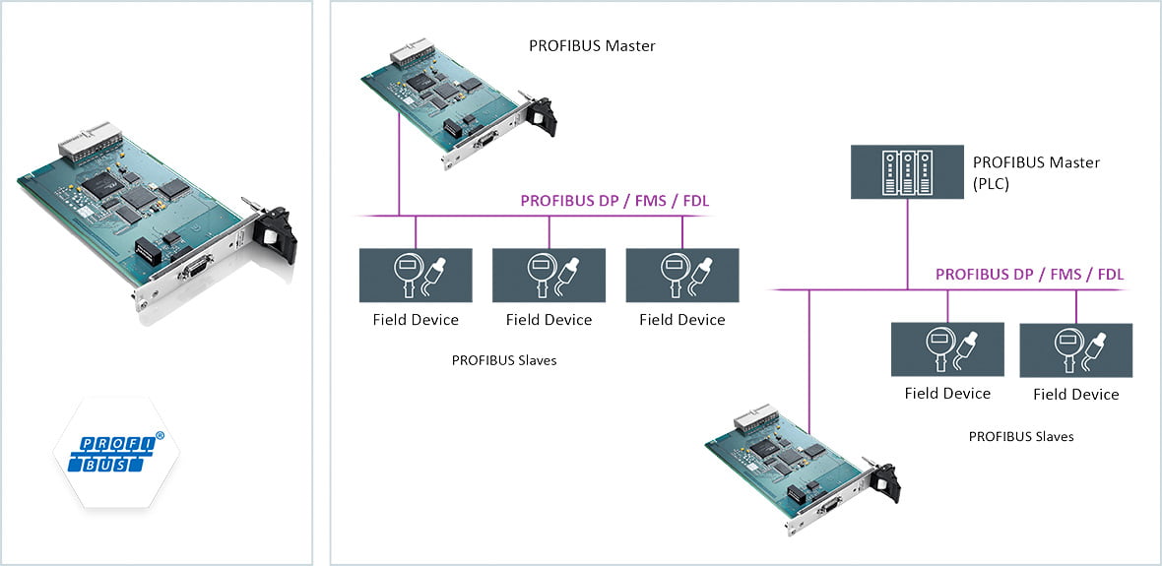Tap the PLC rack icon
(x=907, y=173)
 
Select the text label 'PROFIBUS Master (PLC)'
(x=1036, y=171)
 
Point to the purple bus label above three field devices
(x=614, y=201)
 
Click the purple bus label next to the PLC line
(x=1029, y=275)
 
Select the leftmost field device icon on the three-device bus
(x=416, y=275)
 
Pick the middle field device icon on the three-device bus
(x=549, y=275)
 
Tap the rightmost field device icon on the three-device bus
(x=682, y=275)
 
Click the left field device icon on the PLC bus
(x=947, y=348)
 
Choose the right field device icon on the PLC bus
(x=1075, y=349)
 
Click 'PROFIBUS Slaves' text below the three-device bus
(x=504, y=360)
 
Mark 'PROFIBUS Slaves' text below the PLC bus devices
(x=1021, y=436)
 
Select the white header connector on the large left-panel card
(x=86, y=140)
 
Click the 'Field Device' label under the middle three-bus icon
(x=549, y=320)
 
